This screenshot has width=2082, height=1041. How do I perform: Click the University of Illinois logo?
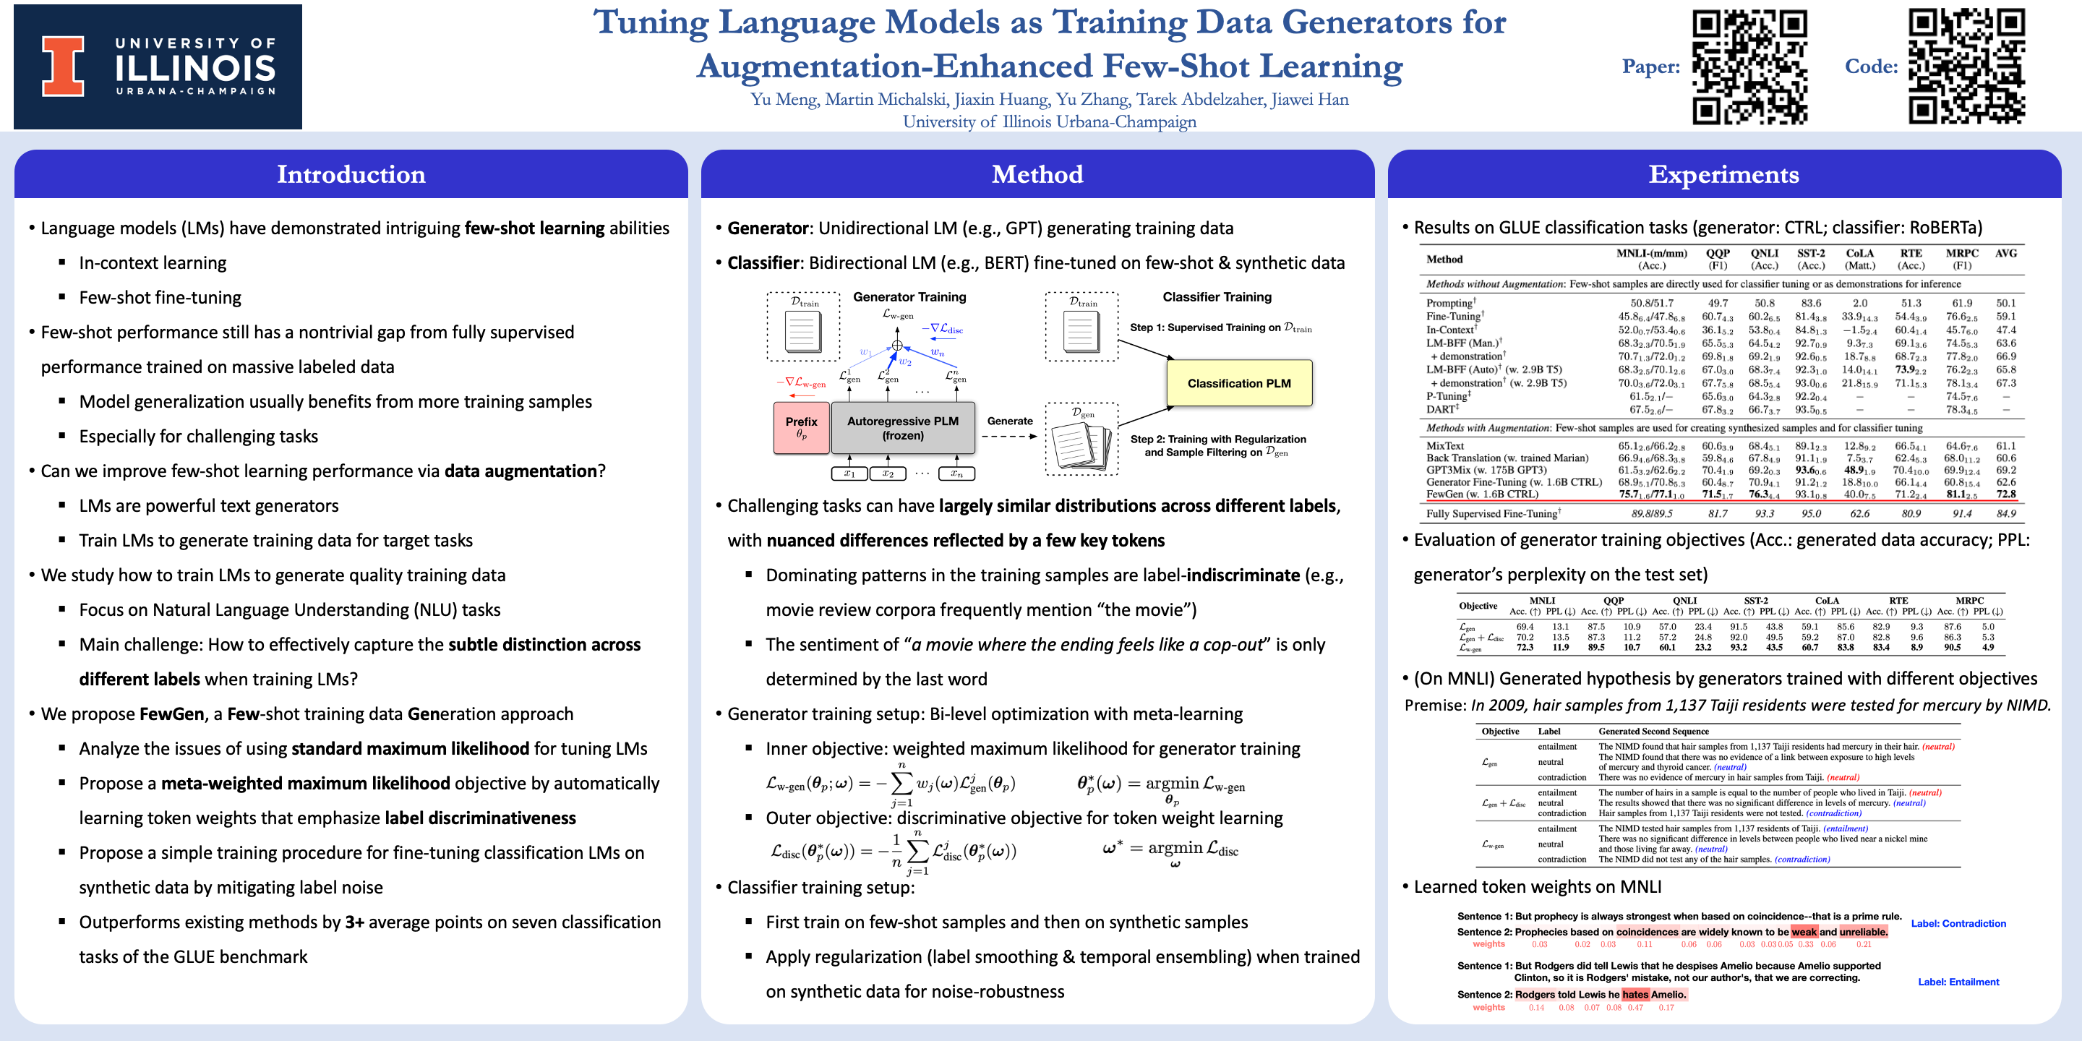(x=158, y=67)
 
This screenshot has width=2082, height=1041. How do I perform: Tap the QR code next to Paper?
(x=1749, y=67)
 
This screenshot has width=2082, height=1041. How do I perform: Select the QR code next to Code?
(x=1966, y=67)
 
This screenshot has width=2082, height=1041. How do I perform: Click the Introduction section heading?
(x=351, y=173)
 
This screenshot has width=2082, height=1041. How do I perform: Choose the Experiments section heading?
(x=1723, y=173)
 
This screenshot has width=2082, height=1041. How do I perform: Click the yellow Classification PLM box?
(x=1238, y=383)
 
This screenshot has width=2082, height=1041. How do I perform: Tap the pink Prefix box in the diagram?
(x=801, y=427)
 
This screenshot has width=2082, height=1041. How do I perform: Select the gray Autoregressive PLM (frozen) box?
(x=902, y=427)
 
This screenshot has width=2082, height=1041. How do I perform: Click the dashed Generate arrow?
(x=1008, y=437)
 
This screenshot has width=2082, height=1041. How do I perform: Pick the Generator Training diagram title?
(x=909, y=296)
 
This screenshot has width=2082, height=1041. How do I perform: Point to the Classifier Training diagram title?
(x=1217, y=296)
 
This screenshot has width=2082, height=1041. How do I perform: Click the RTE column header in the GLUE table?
(x=1911, y=254)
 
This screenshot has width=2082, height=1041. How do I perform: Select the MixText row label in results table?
(x=1444, y=445)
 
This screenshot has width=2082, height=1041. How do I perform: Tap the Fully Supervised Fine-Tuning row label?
(x=1492, y=513)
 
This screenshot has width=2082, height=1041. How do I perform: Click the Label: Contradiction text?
(x=1958, y=923)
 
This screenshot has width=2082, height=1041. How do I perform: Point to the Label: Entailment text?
(x=1958, y=982)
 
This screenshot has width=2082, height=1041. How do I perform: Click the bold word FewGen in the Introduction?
(x=171, y=714)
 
